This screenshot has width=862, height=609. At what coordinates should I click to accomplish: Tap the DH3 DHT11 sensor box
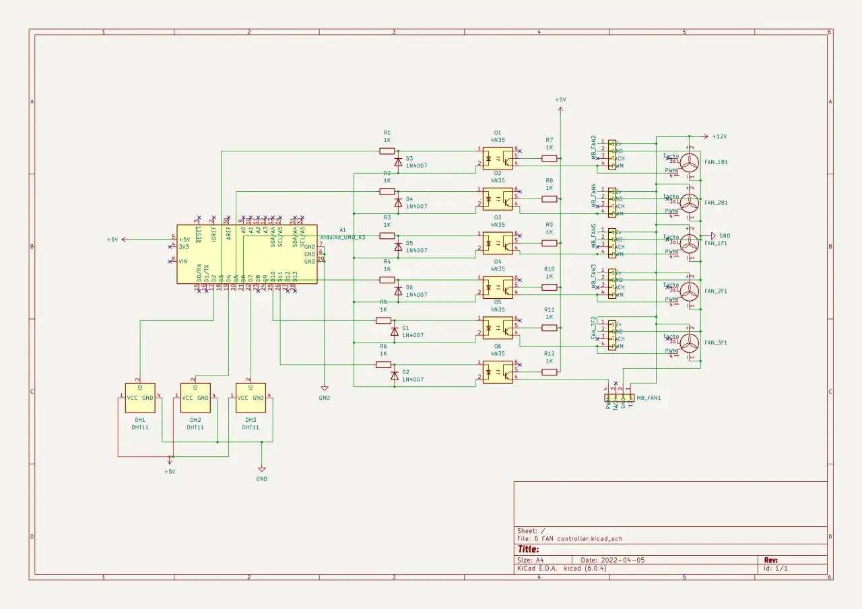coord(251,398)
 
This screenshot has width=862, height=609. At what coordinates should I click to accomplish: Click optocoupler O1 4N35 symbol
coord(497,159)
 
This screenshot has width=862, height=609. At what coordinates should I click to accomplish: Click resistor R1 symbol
coord(387,151)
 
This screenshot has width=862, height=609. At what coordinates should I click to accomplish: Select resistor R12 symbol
coord(550,371)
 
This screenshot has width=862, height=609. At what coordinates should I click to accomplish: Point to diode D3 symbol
coord(398,162)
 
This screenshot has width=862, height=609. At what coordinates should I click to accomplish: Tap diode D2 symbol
coord(395,375)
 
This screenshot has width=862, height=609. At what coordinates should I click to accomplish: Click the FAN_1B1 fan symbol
coord(690,163)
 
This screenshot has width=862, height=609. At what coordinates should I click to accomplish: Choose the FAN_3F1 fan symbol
coord(690,343)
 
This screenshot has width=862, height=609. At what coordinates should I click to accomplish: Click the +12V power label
coord(719,136)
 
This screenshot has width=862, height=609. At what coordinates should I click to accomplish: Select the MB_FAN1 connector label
coord(649,398)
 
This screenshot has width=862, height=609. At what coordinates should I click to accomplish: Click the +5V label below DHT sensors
coord(170,472)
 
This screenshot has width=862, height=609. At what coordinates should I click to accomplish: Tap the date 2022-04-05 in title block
coord(622,560)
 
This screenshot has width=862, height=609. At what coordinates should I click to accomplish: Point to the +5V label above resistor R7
coord(560,100)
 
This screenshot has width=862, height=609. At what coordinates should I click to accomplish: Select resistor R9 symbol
coord(550,242)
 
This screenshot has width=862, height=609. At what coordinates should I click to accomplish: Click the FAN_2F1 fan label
coord(716,291)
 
